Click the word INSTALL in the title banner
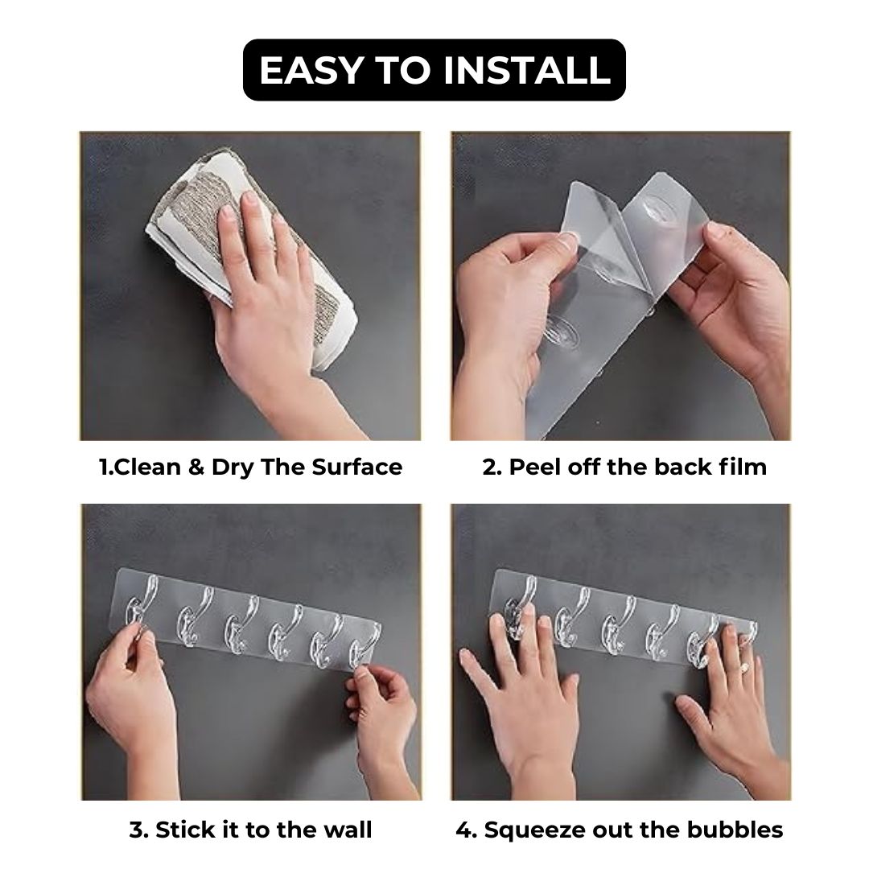(x=527, y=70)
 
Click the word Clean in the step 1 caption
(x=149, y=467)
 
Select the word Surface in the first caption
(x=357, y=467)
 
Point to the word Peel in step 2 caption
(x=533, y=467)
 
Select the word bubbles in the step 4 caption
(x=735, y=830)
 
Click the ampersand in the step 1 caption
(x=196, y=467)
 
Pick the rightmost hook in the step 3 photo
(x=364, y=645)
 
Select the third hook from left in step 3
(x=240, y=624)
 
